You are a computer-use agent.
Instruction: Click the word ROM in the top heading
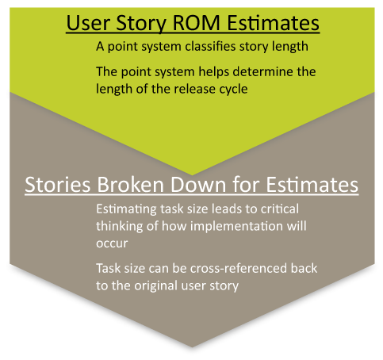click(x=197, y=23)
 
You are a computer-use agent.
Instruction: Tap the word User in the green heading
click(x=88, y=23)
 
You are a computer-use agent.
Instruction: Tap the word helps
click(x=214, y=72)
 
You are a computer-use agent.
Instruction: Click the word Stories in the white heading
click(x=58, y=184)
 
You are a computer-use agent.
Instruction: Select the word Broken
click(x=131, y=184)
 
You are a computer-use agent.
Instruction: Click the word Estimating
click(x=127, y=209)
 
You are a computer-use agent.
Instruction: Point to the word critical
click(x=280, y=209)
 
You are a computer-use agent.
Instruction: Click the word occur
click(x=112, y=243)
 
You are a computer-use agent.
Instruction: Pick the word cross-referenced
click(x=239, y=268)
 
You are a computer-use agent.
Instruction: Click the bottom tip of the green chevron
click(x=192, y=175)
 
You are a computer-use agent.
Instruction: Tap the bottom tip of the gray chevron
click(x=192, y=347)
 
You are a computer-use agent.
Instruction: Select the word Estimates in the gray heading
click(x=312, y=184)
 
